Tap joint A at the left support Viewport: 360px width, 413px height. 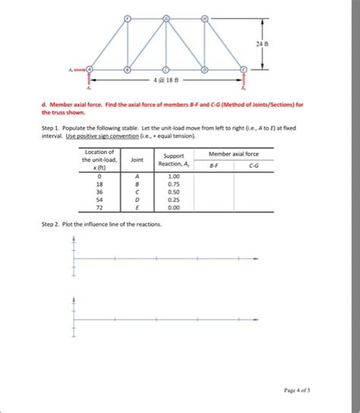pos(90,70)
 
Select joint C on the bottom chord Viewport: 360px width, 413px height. pos(166,70)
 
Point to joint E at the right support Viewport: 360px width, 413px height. pos(243,70)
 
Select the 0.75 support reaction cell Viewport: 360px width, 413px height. pos(173,183)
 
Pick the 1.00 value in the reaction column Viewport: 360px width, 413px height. pos(173,175)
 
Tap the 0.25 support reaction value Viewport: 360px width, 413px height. pos(173,199)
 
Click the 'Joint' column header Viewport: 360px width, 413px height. pos(137,160)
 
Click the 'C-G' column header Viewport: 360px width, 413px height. pos(252,167)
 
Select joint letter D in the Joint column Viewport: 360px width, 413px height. pos(137,199)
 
